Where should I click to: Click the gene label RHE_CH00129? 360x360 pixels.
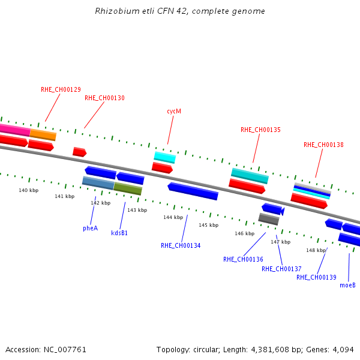(61, 89)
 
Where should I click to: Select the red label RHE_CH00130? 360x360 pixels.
(104, 98)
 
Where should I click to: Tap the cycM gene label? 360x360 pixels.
(174, 112)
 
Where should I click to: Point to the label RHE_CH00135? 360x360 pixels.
(260, 130)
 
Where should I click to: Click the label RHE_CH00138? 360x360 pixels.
(324, 145)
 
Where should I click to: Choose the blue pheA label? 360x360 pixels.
(91, 228)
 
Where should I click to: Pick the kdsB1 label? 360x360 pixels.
(119, 233)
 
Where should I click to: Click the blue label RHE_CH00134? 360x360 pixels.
(181, 245)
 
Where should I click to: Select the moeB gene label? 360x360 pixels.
(347, 285)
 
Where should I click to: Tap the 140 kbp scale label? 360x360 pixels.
(29, 190)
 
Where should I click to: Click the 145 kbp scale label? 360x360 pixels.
(209, 225)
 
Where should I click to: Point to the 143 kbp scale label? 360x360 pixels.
(137, 210)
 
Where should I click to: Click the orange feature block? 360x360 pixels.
(43, 135)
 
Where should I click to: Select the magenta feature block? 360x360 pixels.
(14, 130)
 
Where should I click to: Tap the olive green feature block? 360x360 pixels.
(128, 189)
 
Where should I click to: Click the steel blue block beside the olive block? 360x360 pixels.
(98, 183)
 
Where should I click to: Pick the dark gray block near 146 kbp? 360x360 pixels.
(269, 219)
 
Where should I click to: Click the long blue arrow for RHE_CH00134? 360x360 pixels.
(193, 191)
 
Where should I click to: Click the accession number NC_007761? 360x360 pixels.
(65, 350)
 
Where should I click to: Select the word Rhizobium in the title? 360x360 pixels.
(118, 11)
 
